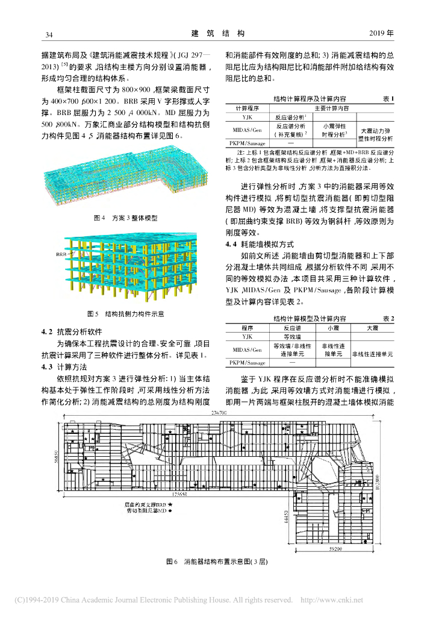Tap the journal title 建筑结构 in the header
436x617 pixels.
pyautogui.click(x=218, y=33)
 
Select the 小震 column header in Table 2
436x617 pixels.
pyautogui.click(x=330, y=328)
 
